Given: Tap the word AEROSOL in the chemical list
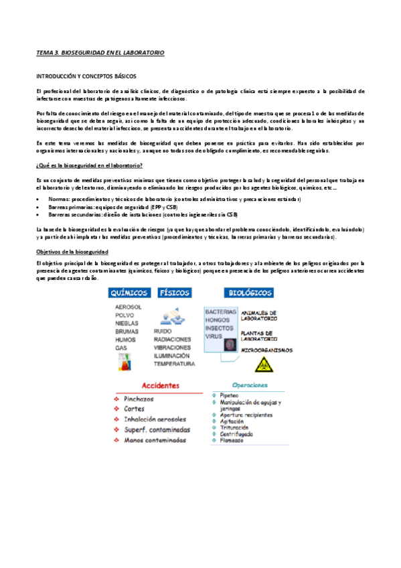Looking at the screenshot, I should click(129, 307).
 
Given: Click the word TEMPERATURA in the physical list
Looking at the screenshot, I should click(174, 364).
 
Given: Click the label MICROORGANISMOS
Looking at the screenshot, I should click(267, 350).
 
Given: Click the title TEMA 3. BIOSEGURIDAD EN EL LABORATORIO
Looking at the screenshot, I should click(100, 52).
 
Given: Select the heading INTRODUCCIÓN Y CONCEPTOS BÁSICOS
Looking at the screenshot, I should click(86, 77).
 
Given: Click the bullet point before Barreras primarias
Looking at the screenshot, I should click(39, 207).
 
